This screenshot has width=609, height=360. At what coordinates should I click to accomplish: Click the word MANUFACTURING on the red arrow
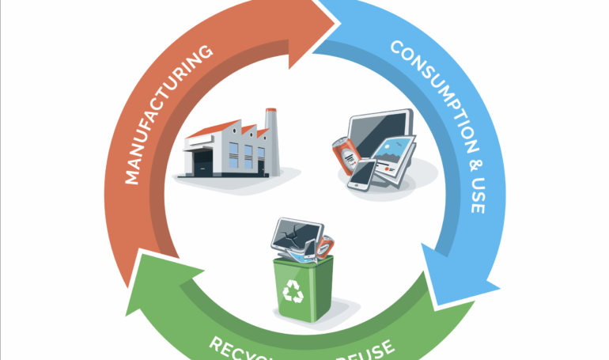click(168, 115)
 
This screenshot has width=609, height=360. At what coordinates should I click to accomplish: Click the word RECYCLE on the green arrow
click(237, 348)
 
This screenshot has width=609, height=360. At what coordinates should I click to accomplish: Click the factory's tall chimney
click(270, 130)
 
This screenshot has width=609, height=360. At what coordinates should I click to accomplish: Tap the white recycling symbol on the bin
click(293, 292)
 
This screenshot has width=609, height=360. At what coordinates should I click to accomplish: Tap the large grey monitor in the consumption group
click(380, 135)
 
